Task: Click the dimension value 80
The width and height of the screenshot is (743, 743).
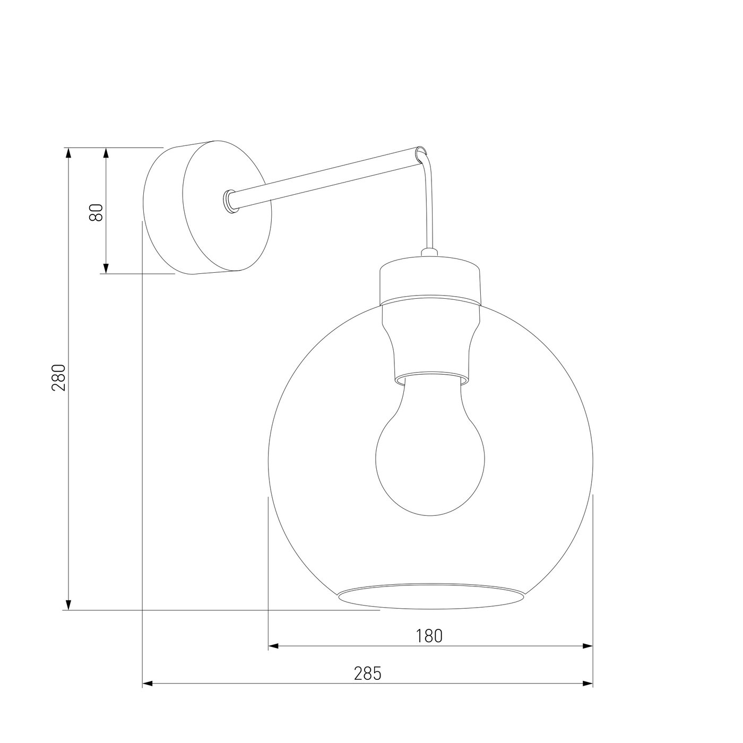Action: click(97, 212)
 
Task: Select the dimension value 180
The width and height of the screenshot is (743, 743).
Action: click(429, 636)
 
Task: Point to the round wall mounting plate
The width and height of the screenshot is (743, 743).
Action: click(207, 207)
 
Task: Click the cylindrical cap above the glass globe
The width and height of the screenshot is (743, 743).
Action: click(430, 281)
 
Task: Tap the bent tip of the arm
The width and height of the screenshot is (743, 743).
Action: click(423, 153)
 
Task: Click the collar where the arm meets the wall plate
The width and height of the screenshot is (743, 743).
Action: click(230, 201)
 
